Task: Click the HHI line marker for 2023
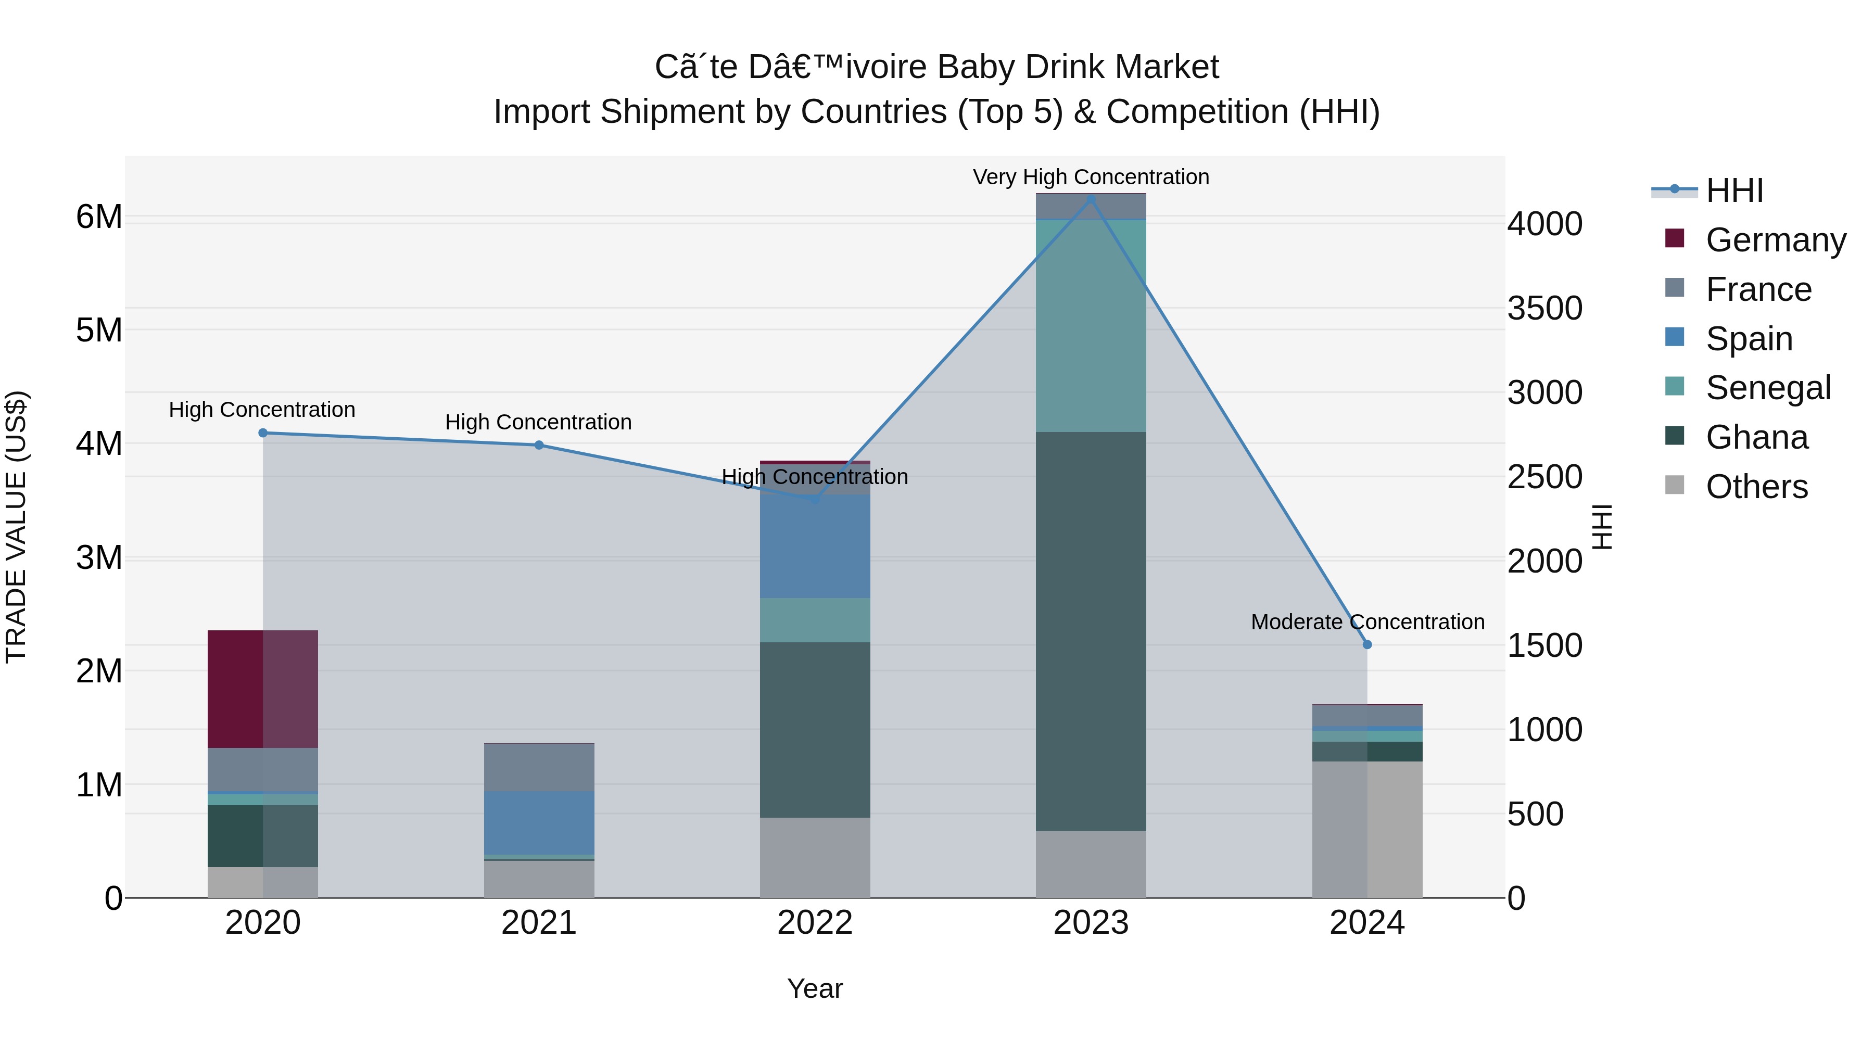click(x=1091, y=199)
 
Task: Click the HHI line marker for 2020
click(x=263, y=433)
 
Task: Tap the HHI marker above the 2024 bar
click(x=1367, y=644)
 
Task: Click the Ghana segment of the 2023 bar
click(x=1091, y=631)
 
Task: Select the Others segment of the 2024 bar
click(x=1367, y=829)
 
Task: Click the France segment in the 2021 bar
click(x=539, y=767)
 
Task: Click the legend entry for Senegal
click(x=1767, y=388)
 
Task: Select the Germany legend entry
click(x=1775, y=240)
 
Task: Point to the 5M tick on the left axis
click(x=99, y=330)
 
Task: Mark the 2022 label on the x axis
click(x=815, y=923)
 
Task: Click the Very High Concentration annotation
click(x=1091, y=177)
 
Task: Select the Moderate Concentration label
click(x=1367, y=622)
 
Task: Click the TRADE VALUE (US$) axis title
click(x=16, y=527)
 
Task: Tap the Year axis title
click(x=815, y=988)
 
